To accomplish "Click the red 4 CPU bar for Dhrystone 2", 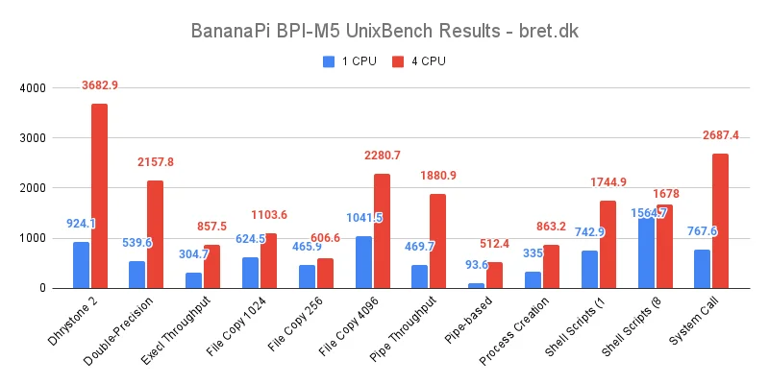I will coord(99,196).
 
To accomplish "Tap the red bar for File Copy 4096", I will coord(382,230).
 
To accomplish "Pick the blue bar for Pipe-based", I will coord(477,285).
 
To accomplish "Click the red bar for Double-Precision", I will coord(155,234).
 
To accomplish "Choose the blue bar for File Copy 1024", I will coord(250,273).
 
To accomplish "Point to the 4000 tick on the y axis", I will coord(33,88).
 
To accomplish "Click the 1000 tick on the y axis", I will coord(33,238).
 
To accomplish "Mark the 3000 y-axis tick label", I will coord(33,138).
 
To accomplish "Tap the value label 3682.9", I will coord(106,85).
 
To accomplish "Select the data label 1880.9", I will coord(438,176).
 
